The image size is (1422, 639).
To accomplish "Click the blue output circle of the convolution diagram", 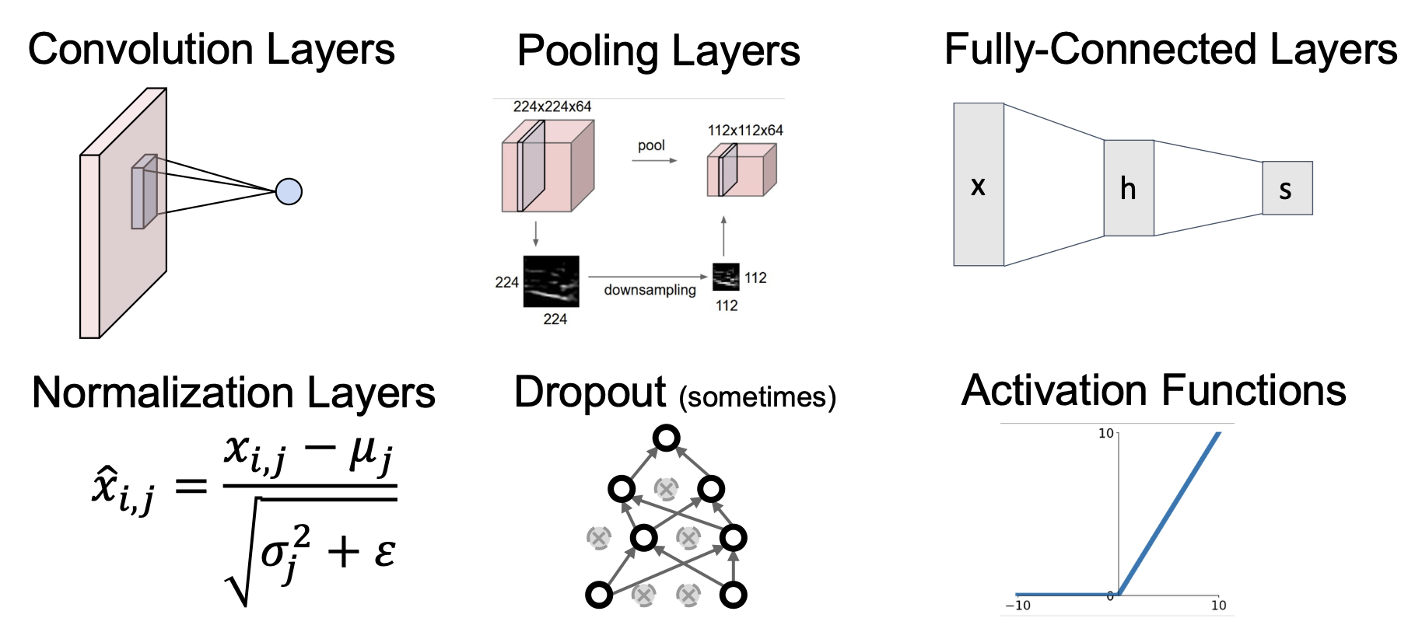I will click(x=289, y=191).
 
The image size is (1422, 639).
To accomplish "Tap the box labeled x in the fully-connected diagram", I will click(x=979, y=185).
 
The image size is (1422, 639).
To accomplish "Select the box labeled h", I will click(x=1128, y=188).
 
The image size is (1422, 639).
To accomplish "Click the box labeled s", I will click(x=1287, y=188).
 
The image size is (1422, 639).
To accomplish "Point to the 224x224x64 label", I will click(x=552, y=106).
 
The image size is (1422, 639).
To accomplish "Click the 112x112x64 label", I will click(x=744, y=131).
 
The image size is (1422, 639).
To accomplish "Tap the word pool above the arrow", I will click(x=651, y=145).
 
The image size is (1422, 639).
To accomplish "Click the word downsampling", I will click(x=650, y=290).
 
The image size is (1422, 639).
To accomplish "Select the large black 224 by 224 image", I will click(x=551, y=281).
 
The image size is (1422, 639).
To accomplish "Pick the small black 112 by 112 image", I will click(x=726, y=277).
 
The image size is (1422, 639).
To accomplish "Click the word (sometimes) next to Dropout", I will click(x=757, y=397).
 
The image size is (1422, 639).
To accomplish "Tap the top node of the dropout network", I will click(x=666, y=438).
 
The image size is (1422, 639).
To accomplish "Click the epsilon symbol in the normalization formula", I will click(x=384, y=553).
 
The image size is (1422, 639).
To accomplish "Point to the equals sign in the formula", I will click(x=191, y=487).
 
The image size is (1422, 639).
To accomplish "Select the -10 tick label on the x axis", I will click(x=1017, y=606).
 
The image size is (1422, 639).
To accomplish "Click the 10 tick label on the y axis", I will click(x=1105, y=433).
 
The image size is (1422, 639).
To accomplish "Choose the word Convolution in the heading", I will click(x=141, y=50).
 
